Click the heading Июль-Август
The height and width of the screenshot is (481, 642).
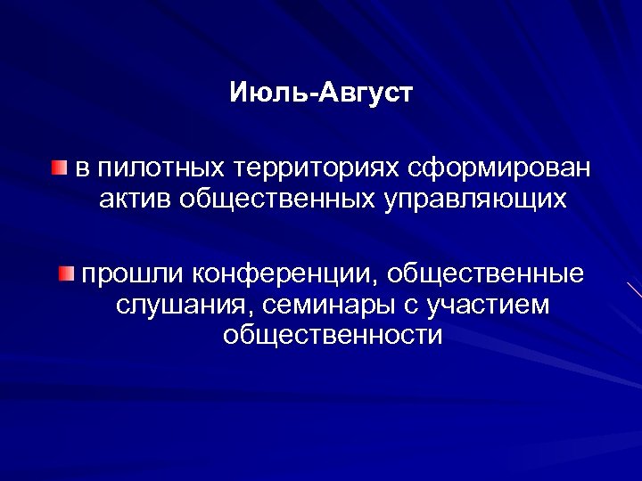(321, 92)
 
